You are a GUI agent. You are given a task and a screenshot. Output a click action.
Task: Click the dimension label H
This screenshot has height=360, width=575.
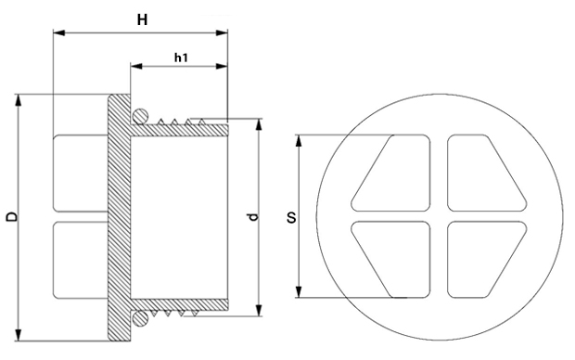[142, 19]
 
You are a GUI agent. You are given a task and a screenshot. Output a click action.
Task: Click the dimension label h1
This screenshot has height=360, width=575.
[181, 58]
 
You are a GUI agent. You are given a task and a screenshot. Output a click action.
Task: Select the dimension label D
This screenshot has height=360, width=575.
[12, 216]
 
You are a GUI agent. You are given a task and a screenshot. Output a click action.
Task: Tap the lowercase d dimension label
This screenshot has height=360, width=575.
[253, 217]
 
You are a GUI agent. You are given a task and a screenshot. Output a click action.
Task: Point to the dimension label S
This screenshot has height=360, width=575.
[291, 218]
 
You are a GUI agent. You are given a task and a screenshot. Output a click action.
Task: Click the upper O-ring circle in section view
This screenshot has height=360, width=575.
[140, 116]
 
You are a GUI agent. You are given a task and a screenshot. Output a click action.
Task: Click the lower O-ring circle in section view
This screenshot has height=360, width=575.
[140, 319]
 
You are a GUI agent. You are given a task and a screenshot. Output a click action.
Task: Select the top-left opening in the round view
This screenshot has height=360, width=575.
[391, 173]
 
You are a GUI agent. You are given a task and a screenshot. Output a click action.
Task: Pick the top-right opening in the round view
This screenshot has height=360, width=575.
[487, 173]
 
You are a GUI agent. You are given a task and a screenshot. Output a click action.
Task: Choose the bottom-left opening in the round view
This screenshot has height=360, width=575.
[391, 259]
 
